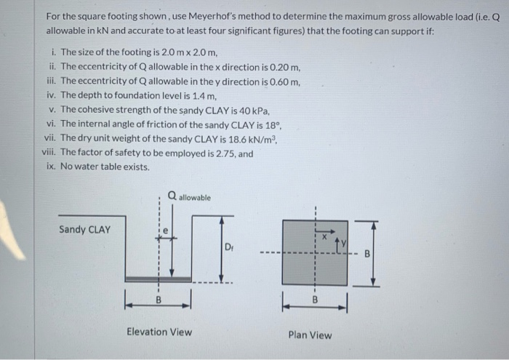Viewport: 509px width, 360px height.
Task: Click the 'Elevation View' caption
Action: pyautogui.click(x=159, y=332)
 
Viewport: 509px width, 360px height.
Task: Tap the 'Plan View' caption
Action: pyautogui.click(x=310, y=335)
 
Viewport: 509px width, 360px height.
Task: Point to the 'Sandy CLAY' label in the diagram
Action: pyautogui.click(x=85, y=230)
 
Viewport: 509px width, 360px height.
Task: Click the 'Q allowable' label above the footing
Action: pyautogui.click(x=189, y=196)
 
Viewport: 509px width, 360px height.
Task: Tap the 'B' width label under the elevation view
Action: pyautogui.click(x=158, y=298)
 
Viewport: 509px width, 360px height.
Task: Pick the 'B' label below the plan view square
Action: pyautogui.click(x=315, y=299)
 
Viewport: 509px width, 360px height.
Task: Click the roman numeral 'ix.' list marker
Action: pyautogui.click(x=50, y=167)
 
